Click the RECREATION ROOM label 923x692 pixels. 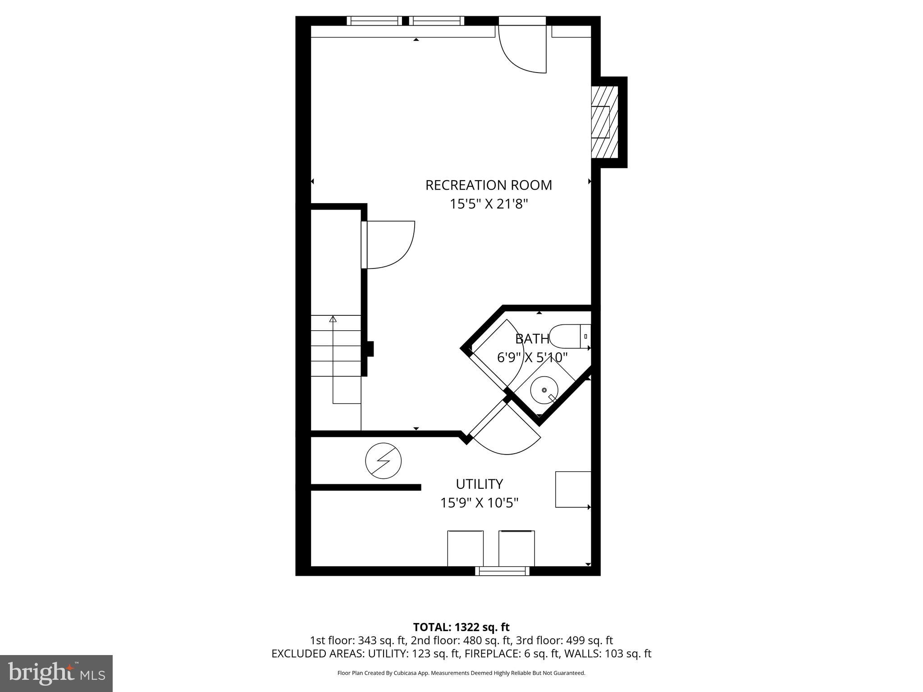click(489, 185)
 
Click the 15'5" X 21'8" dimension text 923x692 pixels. click(489, 204)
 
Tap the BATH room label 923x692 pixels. click(532, 339)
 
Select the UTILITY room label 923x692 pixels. click(479, 484)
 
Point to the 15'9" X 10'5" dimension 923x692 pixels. click(479, 503)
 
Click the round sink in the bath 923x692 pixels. click(544, 390)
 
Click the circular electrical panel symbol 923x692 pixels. click(383, 461)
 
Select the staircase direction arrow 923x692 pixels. click(333, 319)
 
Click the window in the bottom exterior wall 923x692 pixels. click(502, 571)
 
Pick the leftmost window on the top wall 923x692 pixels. click(374, 21)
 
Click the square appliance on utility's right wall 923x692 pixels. click(573, 489)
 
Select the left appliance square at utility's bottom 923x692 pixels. click(465, 548)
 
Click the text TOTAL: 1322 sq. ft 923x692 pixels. click(461, 627)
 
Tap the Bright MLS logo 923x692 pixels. click(56, 673)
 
